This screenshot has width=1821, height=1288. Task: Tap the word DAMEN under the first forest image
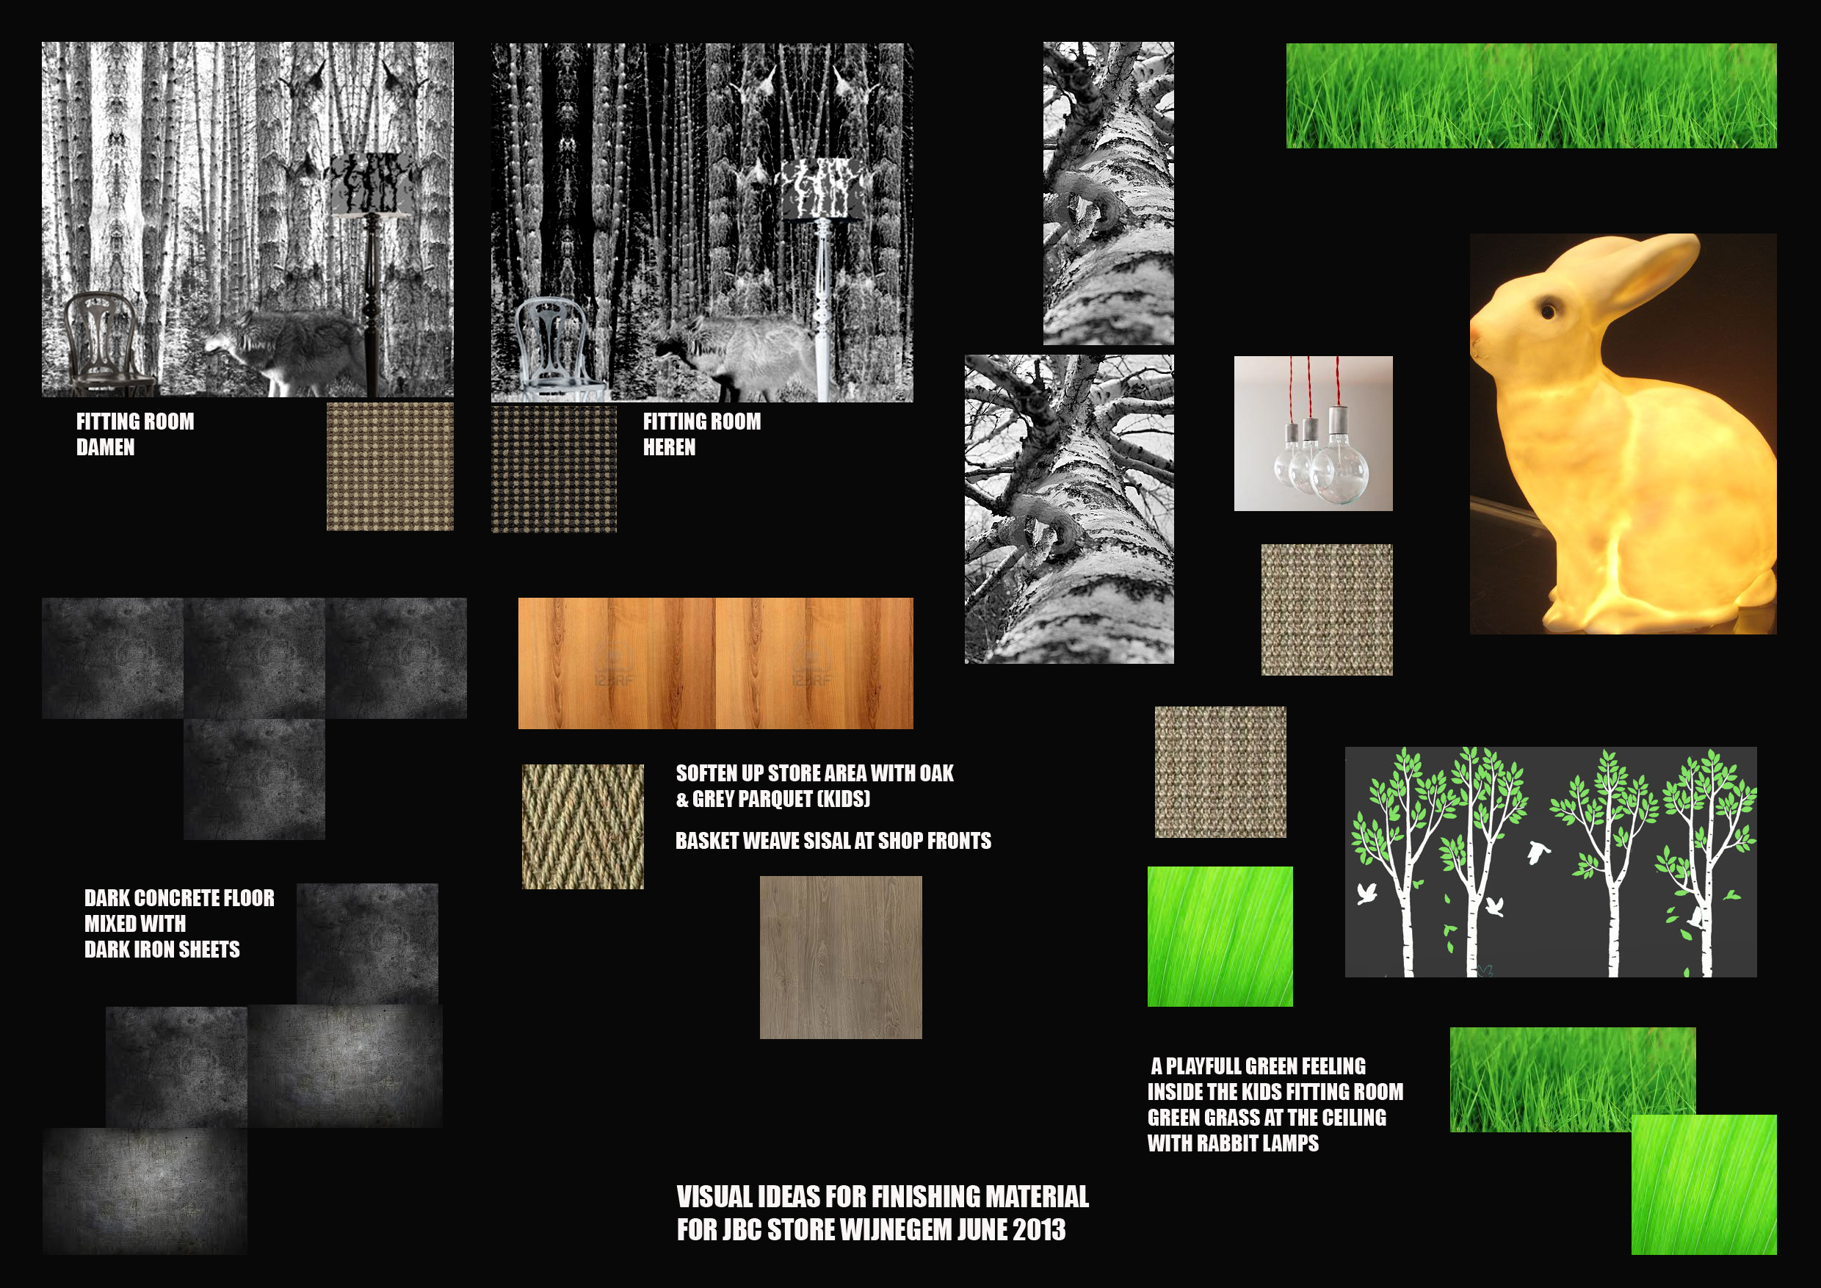106,448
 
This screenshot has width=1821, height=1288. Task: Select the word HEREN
670,448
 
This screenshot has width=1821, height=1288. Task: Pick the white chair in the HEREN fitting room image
555,349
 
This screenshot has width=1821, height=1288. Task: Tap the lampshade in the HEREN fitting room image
822,189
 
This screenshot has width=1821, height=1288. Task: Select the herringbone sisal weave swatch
583,826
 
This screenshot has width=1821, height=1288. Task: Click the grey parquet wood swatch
841,958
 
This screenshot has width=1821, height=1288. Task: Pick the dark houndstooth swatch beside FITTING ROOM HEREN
554,468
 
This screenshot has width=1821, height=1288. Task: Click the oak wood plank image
715,663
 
